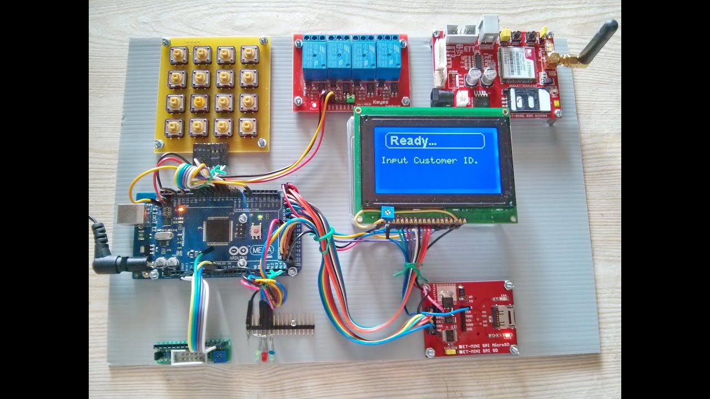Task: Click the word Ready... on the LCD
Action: [413, 141]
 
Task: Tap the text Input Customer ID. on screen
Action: [429, 160]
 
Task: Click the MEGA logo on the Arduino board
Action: [261, 250]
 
